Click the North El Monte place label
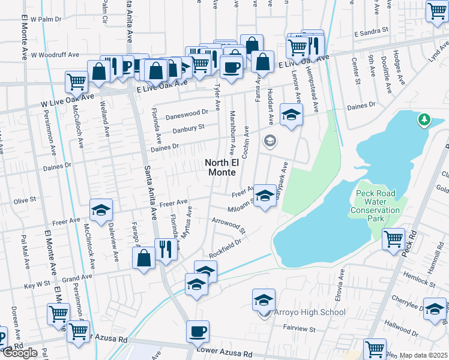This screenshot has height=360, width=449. tap(225, 167)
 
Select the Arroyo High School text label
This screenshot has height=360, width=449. tap(309, 312)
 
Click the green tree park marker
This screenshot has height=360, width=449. tap(424, 121)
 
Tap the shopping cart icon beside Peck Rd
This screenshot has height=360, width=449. tap(394, 238)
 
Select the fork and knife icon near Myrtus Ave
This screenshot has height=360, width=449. tap(166, 248)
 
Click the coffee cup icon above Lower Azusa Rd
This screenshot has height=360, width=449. tap(198, 331)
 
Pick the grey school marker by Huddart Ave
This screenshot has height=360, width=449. tap(270, 142)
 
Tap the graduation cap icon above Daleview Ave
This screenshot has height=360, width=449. tap(101, 209)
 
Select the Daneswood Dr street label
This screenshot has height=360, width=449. tap(187, 112)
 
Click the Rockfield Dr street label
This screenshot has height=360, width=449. tap(225, 245)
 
